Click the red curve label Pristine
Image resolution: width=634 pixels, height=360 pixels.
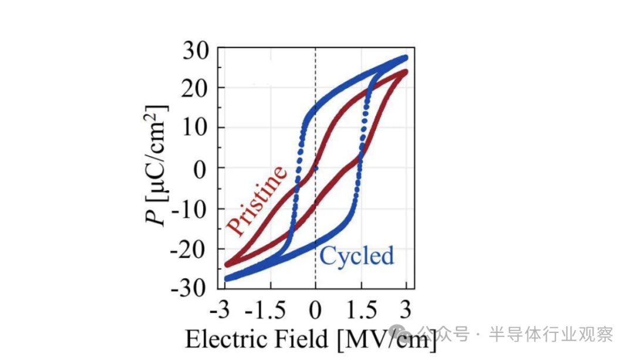coord(257,200)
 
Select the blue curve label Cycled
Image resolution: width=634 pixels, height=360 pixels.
coord(356,257)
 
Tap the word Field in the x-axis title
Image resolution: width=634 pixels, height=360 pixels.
coord(301,340)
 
